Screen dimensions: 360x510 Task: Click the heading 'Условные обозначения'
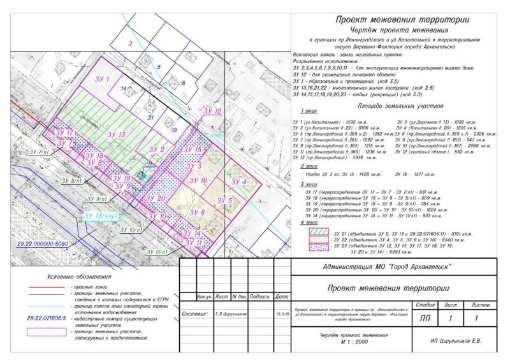point(80,277)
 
